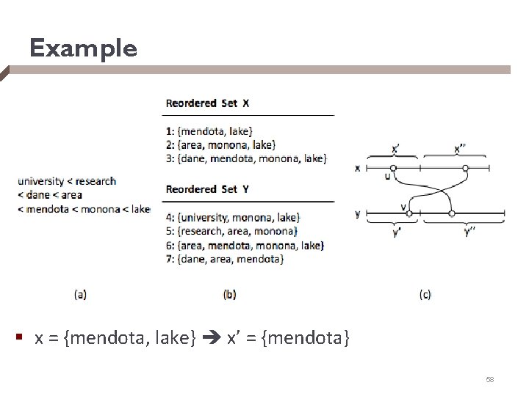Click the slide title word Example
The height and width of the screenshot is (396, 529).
pyautogui.click(x=83, y=48)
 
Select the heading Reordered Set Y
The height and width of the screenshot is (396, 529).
pyautogui.click(x=207, y=189)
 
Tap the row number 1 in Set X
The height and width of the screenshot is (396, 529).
pyautogui.click(x=168, y=131)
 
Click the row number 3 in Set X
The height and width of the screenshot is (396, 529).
pyautogui.click(x=168, y=158)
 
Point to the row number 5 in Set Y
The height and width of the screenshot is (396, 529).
pyautogui.click(x=168, y=231)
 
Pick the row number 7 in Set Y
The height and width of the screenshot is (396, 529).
pyautogui.click(x=168, y=259)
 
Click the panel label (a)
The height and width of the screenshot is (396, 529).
pyautogui.click(x=80, y=294)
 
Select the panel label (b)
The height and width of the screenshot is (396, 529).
pyautogui.click(x=229, y=294)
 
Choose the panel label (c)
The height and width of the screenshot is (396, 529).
pyautogui.click(x=425, y=294)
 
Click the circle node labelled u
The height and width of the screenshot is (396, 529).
pyautogui.click(x=393, y=168)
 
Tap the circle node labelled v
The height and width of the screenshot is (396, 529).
pyautogui.click(x=409, y=213)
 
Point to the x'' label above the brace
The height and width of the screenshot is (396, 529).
pyautogui.click(x=460, y=148)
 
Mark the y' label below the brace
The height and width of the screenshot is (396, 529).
pyautogui.click(x=397, y=233)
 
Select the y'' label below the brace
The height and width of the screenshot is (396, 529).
pyautogui.click(x=468, y=233)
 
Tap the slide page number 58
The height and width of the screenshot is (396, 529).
pyautogui.click(x=490, y=379)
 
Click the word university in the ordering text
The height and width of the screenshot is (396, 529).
pyautogui.click(x=46, y=181)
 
